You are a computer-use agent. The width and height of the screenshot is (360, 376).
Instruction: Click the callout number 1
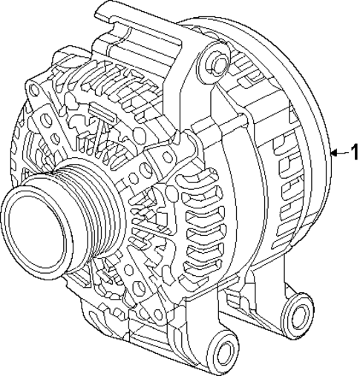coord(353,154)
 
